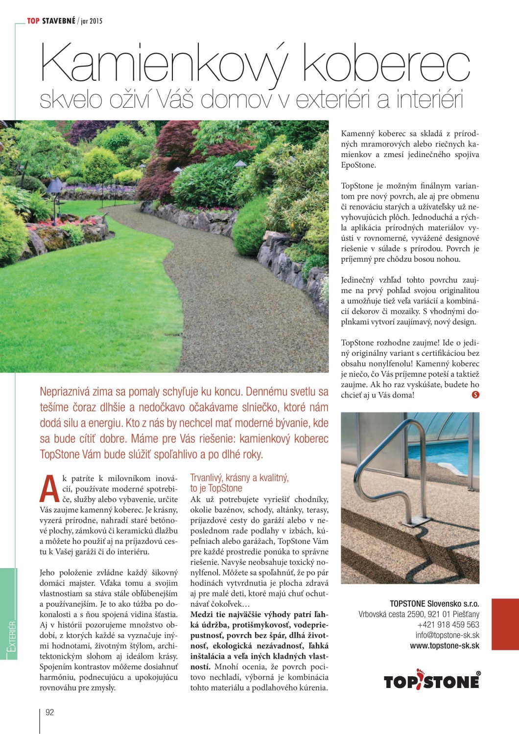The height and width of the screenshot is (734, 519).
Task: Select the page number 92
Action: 49,712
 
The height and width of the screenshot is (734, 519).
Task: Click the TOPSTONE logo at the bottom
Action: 431,680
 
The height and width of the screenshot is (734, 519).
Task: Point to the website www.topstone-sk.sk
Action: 445,646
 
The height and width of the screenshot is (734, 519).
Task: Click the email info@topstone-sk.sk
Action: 447,635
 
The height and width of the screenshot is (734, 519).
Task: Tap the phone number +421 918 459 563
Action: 448,625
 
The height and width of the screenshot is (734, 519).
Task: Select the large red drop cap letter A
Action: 49,489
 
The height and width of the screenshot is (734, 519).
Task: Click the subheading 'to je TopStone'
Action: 216,488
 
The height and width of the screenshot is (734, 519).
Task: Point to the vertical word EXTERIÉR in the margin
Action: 12,636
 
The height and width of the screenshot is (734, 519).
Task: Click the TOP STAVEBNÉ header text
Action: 51,21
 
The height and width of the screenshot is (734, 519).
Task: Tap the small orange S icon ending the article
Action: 475,395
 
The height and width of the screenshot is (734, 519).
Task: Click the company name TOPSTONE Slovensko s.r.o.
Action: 434,604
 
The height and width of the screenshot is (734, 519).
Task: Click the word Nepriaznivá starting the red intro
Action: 68,392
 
